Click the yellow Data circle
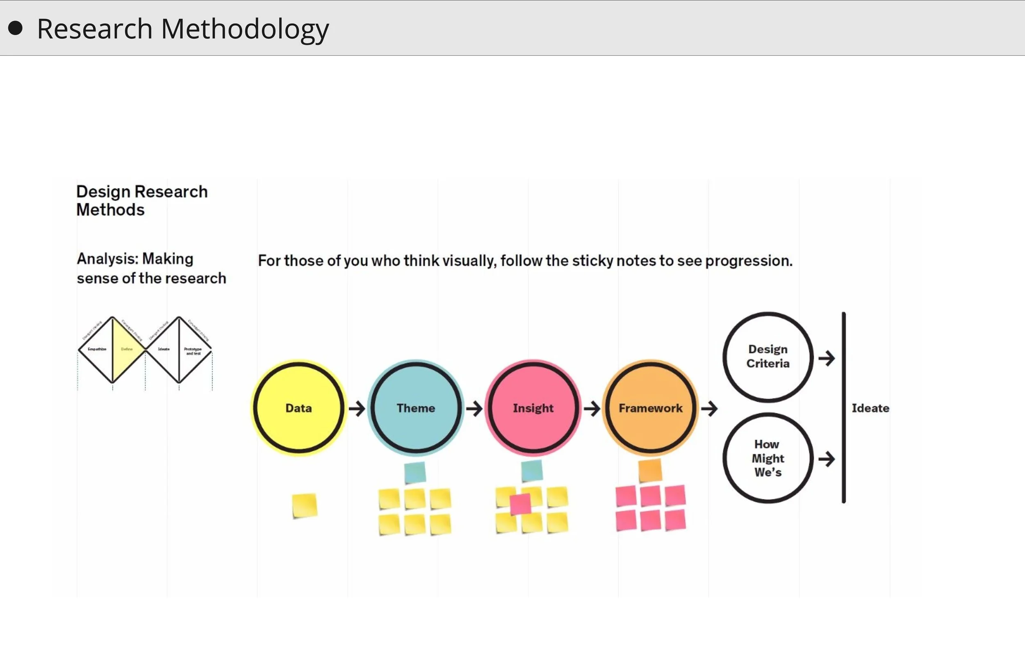tap(298, 408)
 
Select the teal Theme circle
tap(416, 408)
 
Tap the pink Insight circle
tap(533, 408)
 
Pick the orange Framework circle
tap(650, 408)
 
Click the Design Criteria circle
tap(768, 357)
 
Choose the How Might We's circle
tap(768, 458)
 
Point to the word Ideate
tap(870, 408)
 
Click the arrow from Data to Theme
tap(357, 408)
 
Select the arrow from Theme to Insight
tap(474, 408)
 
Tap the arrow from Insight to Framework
tap(592, 408)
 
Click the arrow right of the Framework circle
tap(709, 408)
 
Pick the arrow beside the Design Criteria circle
tap(827, 358)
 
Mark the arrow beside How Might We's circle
tap(827, 459)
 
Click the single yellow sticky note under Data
tap(304, 505)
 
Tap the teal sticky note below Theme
tap(415, 472)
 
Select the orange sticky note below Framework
tap(650, 470)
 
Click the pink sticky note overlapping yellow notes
tap(520, 504)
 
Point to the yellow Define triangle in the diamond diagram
tap(126, 349)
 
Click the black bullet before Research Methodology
tap(15, 28)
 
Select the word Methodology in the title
tap(245, 29)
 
